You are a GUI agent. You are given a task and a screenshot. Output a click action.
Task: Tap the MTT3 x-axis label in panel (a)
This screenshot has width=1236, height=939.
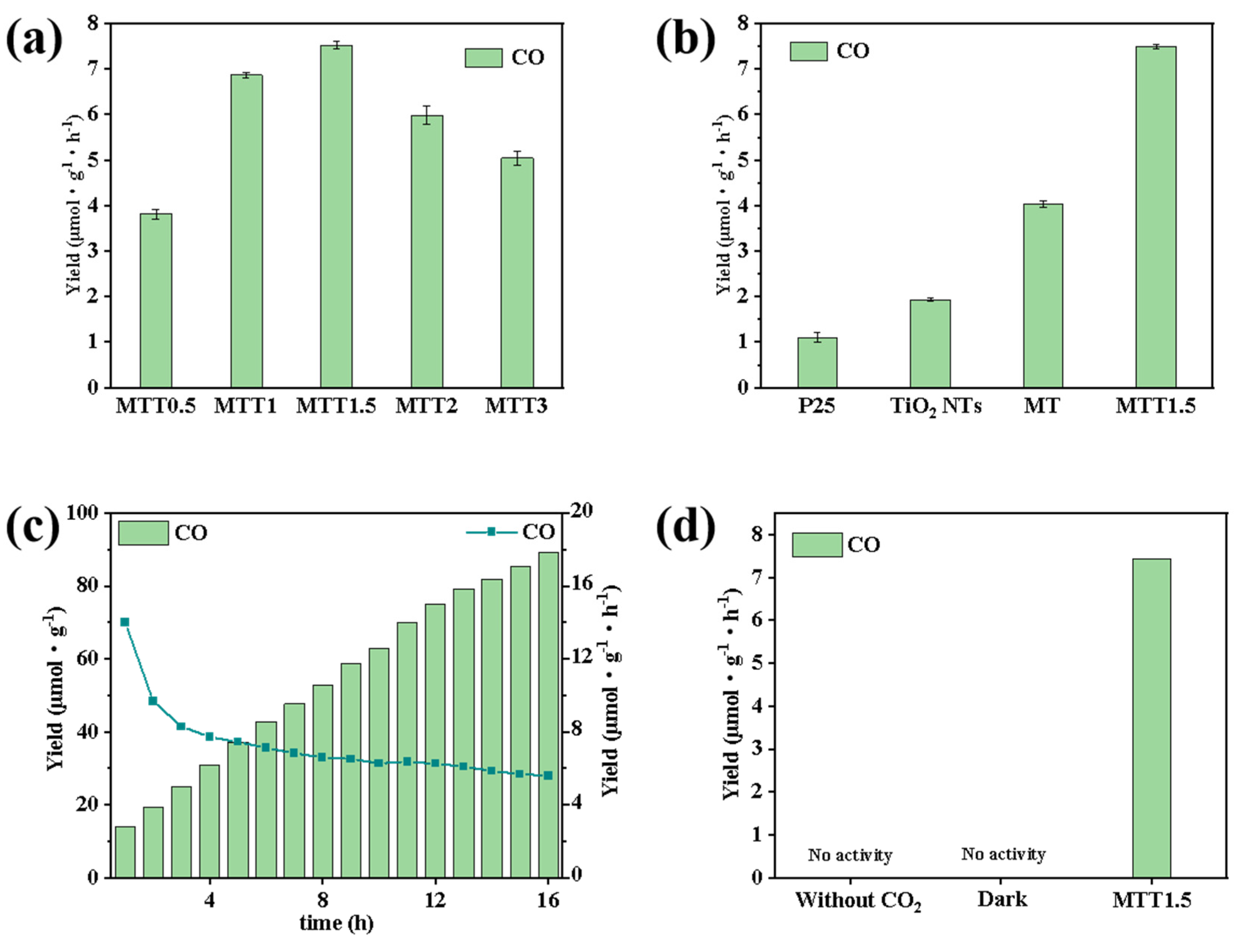coord(516,406)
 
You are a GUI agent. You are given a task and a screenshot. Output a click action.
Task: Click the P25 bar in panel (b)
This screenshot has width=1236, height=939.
coord(817,363)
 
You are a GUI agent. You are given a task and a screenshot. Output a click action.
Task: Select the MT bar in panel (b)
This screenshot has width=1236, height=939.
coord(1042,296)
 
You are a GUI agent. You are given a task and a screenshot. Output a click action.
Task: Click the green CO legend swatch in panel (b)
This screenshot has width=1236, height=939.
coord(808,51)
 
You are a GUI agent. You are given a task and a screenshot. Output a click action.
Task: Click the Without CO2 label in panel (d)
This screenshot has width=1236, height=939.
coord(858,900)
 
